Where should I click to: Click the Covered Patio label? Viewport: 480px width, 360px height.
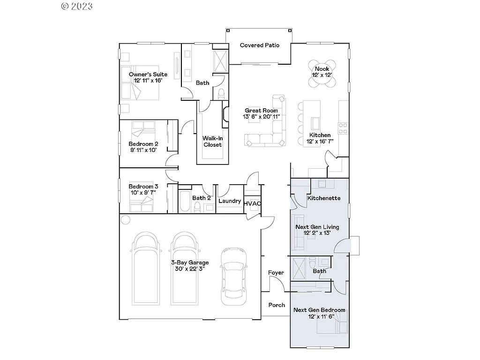tap(259, 45)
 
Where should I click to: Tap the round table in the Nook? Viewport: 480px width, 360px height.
tap(322, 73)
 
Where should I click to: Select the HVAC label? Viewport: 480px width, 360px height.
tap(252, 203)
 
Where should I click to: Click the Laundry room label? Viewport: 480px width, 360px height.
tap(230, 202)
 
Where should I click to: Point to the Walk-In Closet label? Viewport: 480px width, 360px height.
tap(212, 142)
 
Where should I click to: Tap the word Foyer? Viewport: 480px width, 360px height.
tap(276, 273)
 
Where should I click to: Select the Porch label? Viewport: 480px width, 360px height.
tap(277, 305)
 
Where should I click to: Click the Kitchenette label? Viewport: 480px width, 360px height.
tap(323, 198)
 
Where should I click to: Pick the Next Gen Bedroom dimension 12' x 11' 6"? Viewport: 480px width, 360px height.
tap(321, 317)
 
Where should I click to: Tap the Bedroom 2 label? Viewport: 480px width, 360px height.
tap(143, 144)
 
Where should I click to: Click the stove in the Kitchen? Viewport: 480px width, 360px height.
tap(343, 125)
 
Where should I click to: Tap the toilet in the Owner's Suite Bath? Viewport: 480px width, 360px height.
tap(221, 92)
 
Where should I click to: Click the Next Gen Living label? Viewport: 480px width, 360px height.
tap(317, 227)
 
